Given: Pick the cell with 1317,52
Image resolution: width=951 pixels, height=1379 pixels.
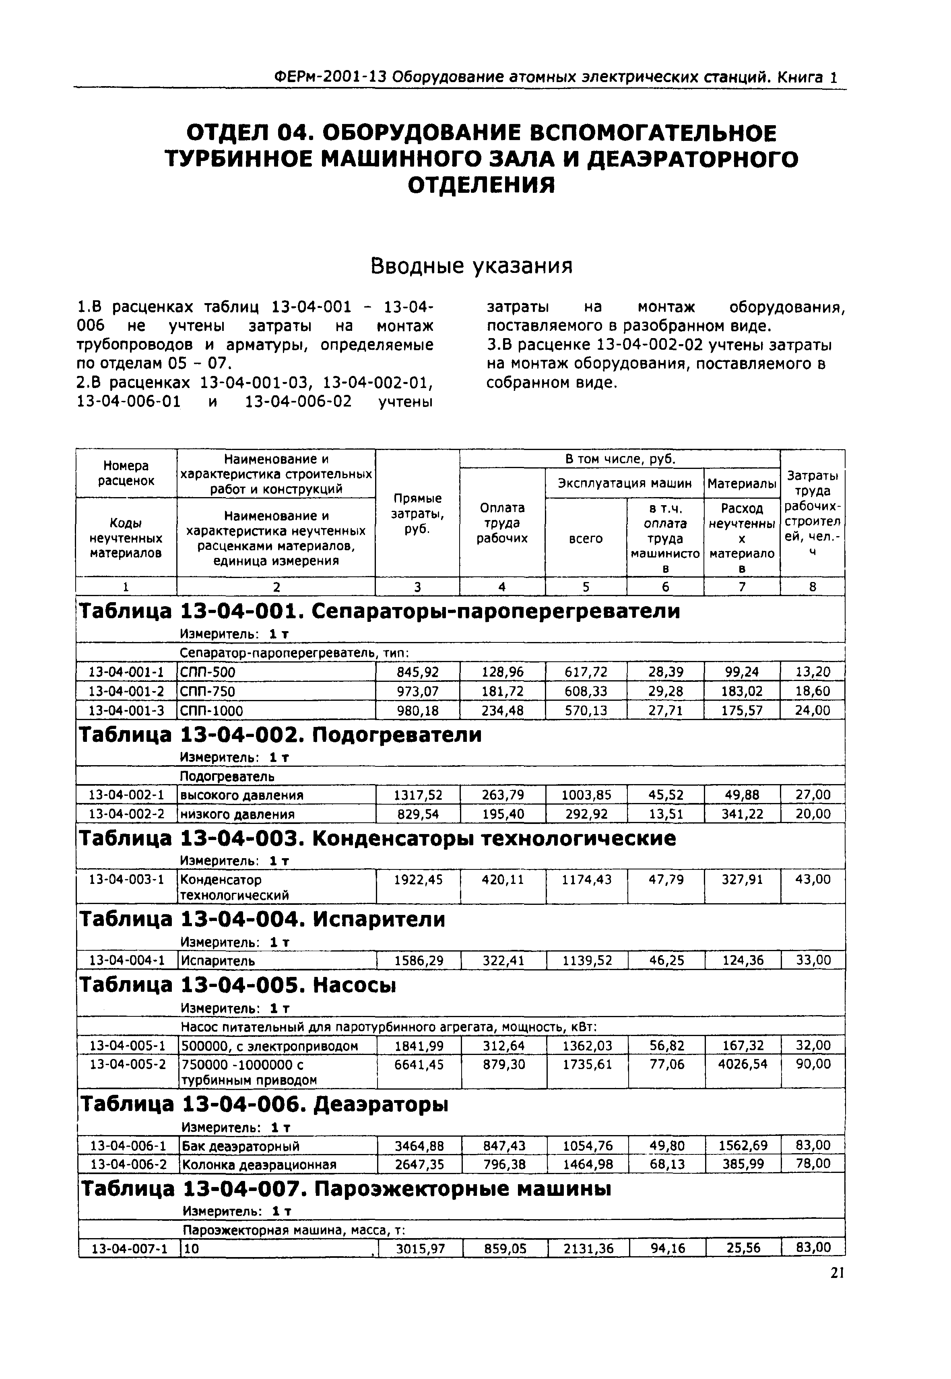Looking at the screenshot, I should (418, 795).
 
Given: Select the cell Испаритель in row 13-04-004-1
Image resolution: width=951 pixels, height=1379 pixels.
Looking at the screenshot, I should (218, 961).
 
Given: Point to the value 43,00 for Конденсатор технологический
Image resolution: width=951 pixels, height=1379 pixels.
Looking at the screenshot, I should (813, 879).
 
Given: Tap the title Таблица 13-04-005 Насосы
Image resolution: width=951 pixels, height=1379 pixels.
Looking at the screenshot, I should (238, 986).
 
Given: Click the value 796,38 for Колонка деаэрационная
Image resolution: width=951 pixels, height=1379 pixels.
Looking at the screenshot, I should (503, 1164).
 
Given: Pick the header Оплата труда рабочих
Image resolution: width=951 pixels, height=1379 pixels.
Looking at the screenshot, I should (502, 522).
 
